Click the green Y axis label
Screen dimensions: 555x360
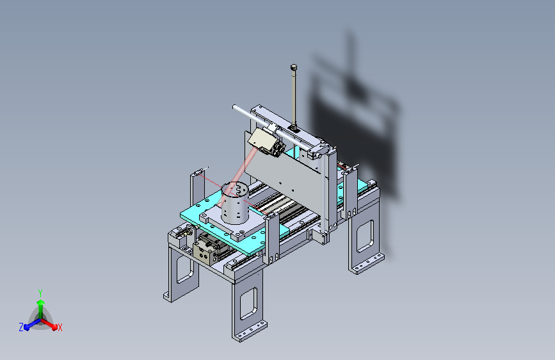coord(40,293)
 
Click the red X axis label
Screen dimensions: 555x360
coord(60,327)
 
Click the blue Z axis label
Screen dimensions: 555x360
coord(21,327)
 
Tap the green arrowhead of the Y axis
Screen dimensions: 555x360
coord(40,302)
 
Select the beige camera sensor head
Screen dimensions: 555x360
coord(261,140)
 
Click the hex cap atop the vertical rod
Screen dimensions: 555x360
coord(293,67)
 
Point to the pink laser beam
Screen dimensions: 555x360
coord(236,177)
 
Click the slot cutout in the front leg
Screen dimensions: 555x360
coord(249,303)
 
